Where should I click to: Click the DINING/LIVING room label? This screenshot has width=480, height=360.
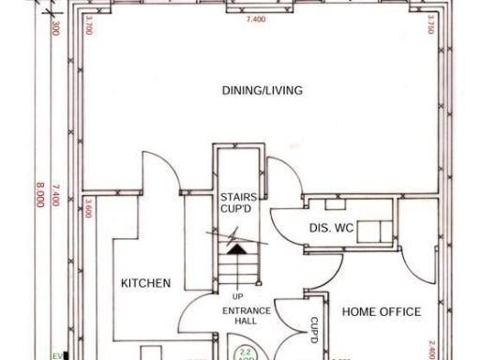pyautogui.click(x=262, y=90)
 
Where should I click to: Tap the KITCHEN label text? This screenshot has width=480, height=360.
pyautogui.click(x=145, y=283)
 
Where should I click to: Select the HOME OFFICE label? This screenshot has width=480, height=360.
pyautogui.click(x=381, y=311)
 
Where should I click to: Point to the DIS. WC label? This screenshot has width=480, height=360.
pyautogui.click(x=329, y=228)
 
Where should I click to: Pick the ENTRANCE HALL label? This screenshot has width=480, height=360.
pyautogui.click(x=247, y=316)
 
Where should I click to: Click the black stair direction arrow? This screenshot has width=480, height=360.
pyautogui.click(x=237, y=250)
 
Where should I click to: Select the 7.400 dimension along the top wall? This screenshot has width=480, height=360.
pyautogui.click(x=253, y=18)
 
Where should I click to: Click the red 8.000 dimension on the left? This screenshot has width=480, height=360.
pyautogui.click(x=39, y=200)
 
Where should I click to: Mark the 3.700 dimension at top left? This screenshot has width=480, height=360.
pyautogui.click(x=87, y=24)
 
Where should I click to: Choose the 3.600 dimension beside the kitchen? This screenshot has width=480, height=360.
pyautogui.click(x=88, y=208)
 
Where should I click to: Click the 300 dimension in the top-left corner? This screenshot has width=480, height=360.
pyautogui.click(x=55, y=28)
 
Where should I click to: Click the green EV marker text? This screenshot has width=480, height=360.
pyautogui.click(x=55, y=355)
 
